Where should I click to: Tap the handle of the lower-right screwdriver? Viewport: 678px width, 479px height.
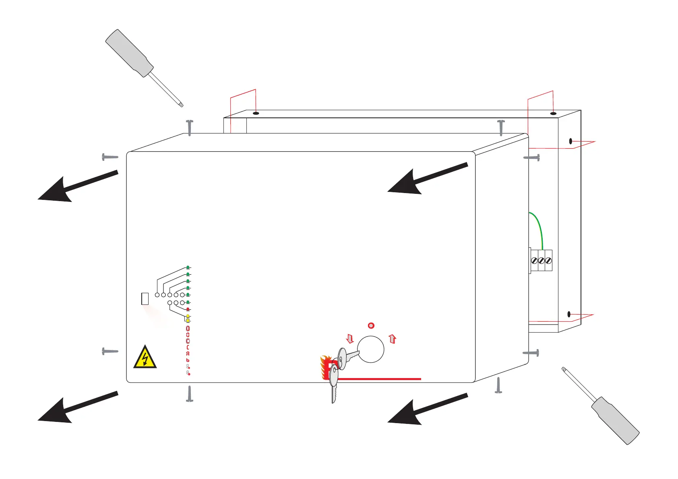click(x=615, y=420)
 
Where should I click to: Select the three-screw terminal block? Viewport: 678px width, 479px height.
click(x=541, y=261)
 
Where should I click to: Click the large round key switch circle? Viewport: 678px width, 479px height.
click(x=371, y=349)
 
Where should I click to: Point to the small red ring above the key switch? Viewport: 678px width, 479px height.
click(x=371, y=325)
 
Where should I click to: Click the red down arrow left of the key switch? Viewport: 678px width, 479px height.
click(x=350, y=339)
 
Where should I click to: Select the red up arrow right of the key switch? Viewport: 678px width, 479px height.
click(x=393, y=339)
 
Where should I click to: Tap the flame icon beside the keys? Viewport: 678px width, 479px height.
click(x=325, y=367)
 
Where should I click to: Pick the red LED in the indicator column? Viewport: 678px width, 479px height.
click(x=188, y=309)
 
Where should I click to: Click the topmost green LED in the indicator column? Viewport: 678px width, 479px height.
click(x=188, y=267)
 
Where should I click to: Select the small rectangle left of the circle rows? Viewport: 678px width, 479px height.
click(x=145, y=298)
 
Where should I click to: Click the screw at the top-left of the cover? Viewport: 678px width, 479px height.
click(x=190, y=127)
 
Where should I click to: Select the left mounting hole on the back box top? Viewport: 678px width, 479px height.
click(x=256, y=113)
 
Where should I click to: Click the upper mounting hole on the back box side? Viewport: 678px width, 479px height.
click(x=571, y=141)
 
